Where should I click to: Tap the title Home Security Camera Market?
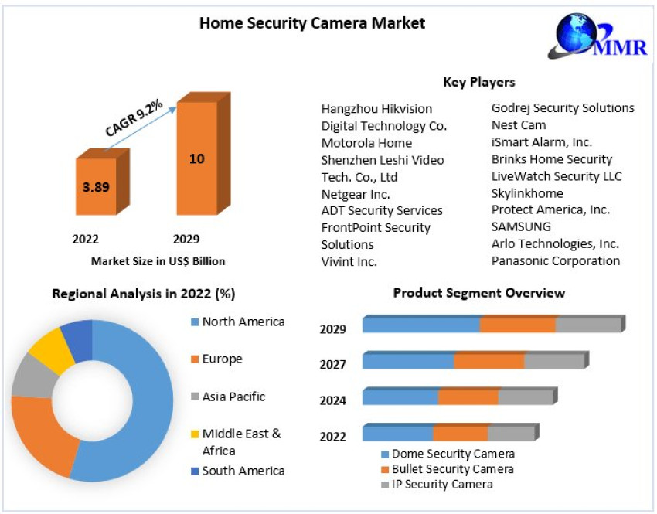tap(312, 23)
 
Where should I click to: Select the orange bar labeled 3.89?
tap(97, 186)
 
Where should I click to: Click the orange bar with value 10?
tap(196, 158)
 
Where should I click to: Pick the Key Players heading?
tap(478, 82)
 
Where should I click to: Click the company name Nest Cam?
tap(519, 125)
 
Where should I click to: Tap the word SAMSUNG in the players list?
tap(522, 226)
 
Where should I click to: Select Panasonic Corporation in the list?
tap(556, 260)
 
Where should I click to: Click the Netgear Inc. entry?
tap(356, 194)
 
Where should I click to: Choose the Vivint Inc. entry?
tap(349, 262)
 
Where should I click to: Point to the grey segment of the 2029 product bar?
tap(588, 325)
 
